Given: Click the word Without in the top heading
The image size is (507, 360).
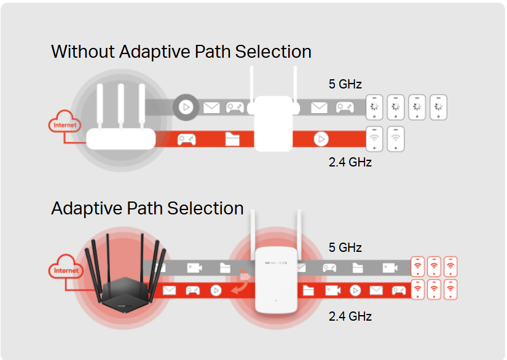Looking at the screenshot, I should click(x=82, y=52).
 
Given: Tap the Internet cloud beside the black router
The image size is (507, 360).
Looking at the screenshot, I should click(x=66, y=270).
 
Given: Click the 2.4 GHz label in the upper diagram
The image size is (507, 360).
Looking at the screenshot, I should click(x=350, y=162).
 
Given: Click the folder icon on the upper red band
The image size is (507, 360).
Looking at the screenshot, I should click(x=232, y=139).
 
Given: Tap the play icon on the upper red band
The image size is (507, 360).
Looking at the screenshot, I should click(x=321, y=139).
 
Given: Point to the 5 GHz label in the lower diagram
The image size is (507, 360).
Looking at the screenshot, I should click(x=345, y=248).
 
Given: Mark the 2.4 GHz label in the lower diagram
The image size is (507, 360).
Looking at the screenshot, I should click(x=350, y=316).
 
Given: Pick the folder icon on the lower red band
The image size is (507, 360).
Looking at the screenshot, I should click(x=309, y=290).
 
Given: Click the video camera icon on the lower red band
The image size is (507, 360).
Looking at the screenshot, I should click(x=333, y=290).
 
